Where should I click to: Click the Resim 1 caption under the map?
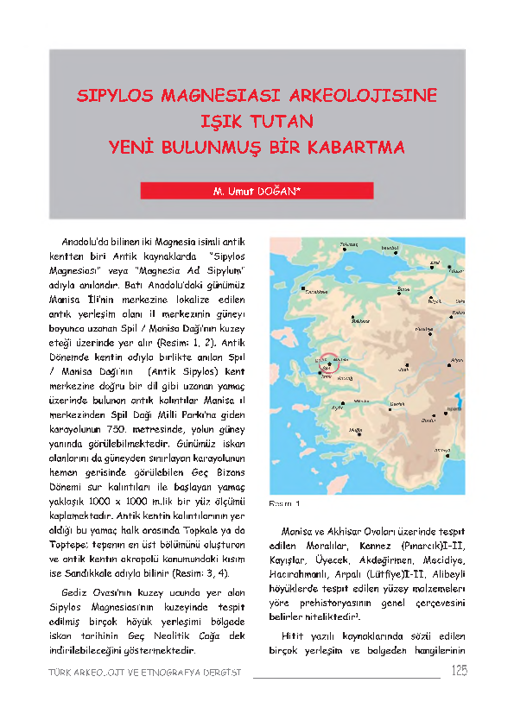click(285, 502)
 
